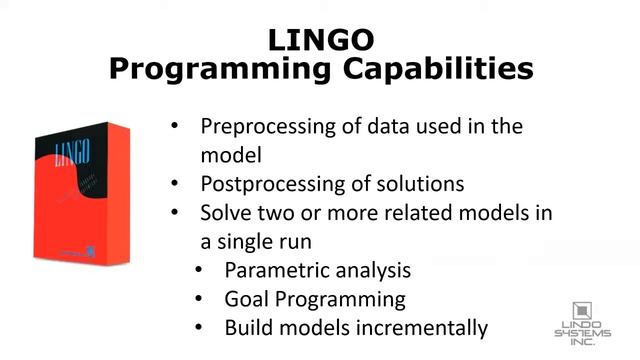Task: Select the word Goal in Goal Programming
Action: point(246,299)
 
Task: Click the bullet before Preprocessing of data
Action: point(176,128)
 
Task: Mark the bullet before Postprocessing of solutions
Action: point(176,185)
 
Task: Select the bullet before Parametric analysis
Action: point(200,271)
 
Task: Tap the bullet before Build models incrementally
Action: point(200,328)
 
